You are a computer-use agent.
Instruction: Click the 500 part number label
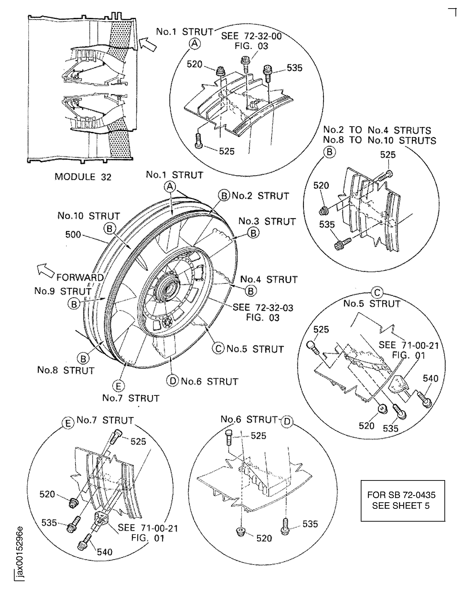coord(73,234)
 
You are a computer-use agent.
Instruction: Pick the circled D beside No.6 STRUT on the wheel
coord(172,380)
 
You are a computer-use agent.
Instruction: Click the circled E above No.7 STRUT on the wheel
coord(118,386)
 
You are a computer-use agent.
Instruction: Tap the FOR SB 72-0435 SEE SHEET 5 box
coord(403,500)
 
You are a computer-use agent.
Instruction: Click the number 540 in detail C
coord(430,378)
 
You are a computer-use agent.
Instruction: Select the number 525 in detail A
coord(227,151)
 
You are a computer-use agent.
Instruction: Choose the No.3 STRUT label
coord(267,221)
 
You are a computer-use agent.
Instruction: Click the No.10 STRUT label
coord(89,216)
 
